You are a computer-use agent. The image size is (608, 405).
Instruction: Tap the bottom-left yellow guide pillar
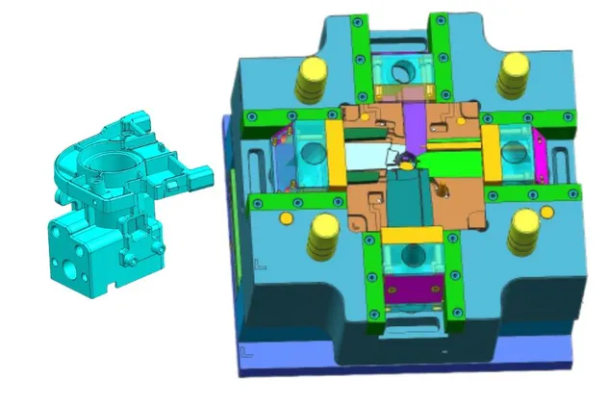pos(319,233)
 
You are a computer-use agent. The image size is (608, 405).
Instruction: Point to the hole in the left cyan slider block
pos(311,151)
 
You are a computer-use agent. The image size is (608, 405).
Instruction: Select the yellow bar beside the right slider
pos(488,152)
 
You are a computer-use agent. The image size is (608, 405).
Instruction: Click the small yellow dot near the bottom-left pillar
pos(286,218)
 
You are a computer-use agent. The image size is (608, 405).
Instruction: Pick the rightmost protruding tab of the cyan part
pos(203,179)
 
